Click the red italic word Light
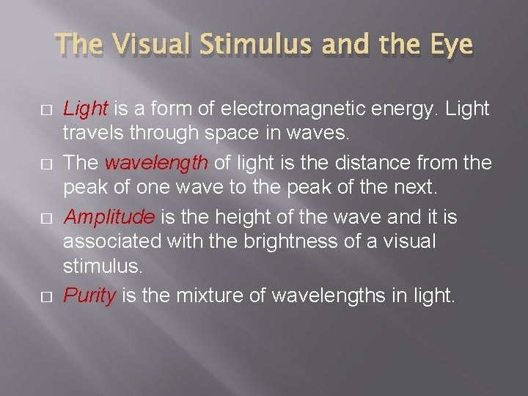tap(85, 109)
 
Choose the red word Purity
tap(89, 296)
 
